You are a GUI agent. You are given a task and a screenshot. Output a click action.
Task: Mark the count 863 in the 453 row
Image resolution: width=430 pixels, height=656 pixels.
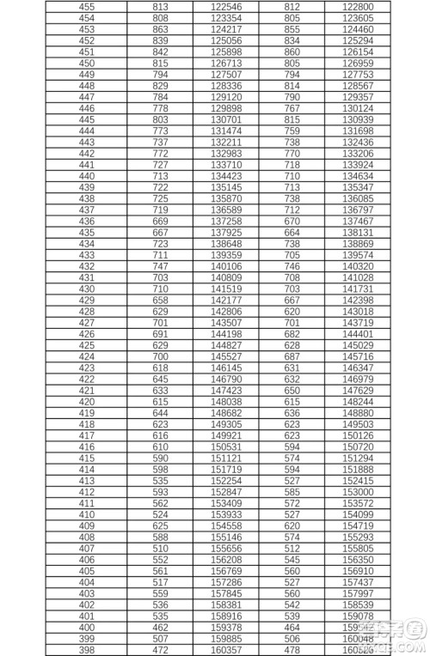pos(160,29)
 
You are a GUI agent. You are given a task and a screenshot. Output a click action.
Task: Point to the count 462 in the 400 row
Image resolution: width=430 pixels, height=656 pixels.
pos(160,627)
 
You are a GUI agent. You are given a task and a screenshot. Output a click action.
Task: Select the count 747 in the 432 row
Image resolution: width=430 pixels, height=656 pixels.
pos(160,266)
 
